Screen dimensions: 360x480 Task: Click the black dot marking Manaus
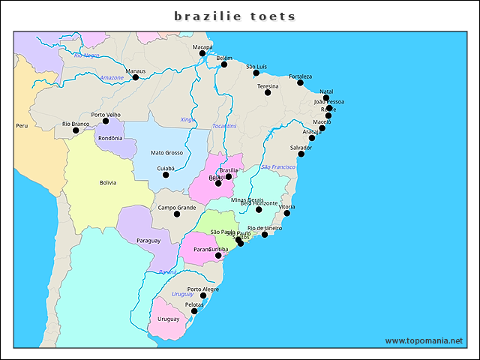click(135, 77)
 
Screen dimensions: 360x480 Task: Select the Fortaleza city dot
click(300, 82)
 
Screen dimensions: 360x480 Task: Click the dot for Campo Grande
click(177, 214)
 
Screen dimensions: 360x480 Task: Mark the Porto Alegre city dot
click(203, 295)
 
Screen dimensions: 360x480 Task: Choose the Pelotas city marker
click(194, 310)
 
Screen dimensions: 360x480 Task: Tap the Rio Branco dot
click(76, 130)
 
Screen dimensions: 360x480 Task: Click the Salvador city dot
click(301, 154)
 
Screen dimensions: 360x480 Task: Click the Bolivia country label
click(108, 182)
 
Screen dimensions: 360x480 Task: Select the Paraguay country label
click(148, 241)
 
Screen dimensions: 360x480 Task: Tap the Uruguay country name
click(168, 319)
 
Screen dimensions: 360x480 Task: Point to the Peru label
click(22, 126)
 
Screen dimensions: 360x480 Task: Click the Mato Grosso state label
click(166, 153)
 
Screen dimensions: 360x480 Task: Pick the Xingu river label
click(187, 120)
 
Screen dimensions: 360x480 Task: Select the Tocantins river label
click(224, 126)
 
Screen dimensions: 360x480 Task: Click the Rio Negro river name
click(87, 55)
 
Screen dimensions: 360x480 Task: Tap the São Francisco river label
click(277, 166)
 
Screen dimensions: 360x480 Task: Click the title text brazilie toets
click(235, 16)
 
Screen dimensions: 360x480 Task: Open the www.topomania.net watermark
click(424, 340)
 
